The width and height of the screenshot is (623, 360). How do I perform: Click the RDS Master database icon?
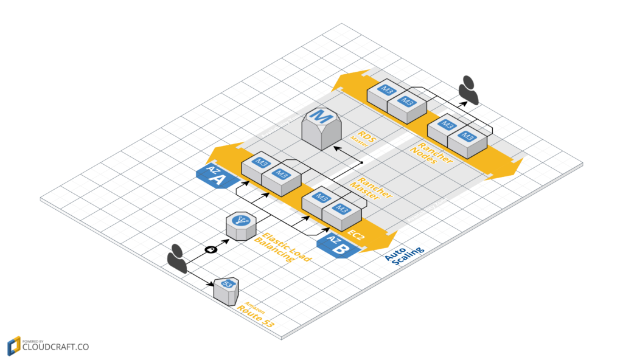(x=322, y=128)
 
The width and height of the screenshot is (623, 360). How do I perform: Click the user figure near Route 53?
(x=177, y=257)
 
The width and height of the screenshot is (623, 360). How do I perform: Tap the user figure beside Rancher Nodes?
(x=469, y=90)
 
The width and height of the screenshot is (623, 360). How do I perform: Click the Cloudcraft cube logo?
(x=13, y=345)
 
